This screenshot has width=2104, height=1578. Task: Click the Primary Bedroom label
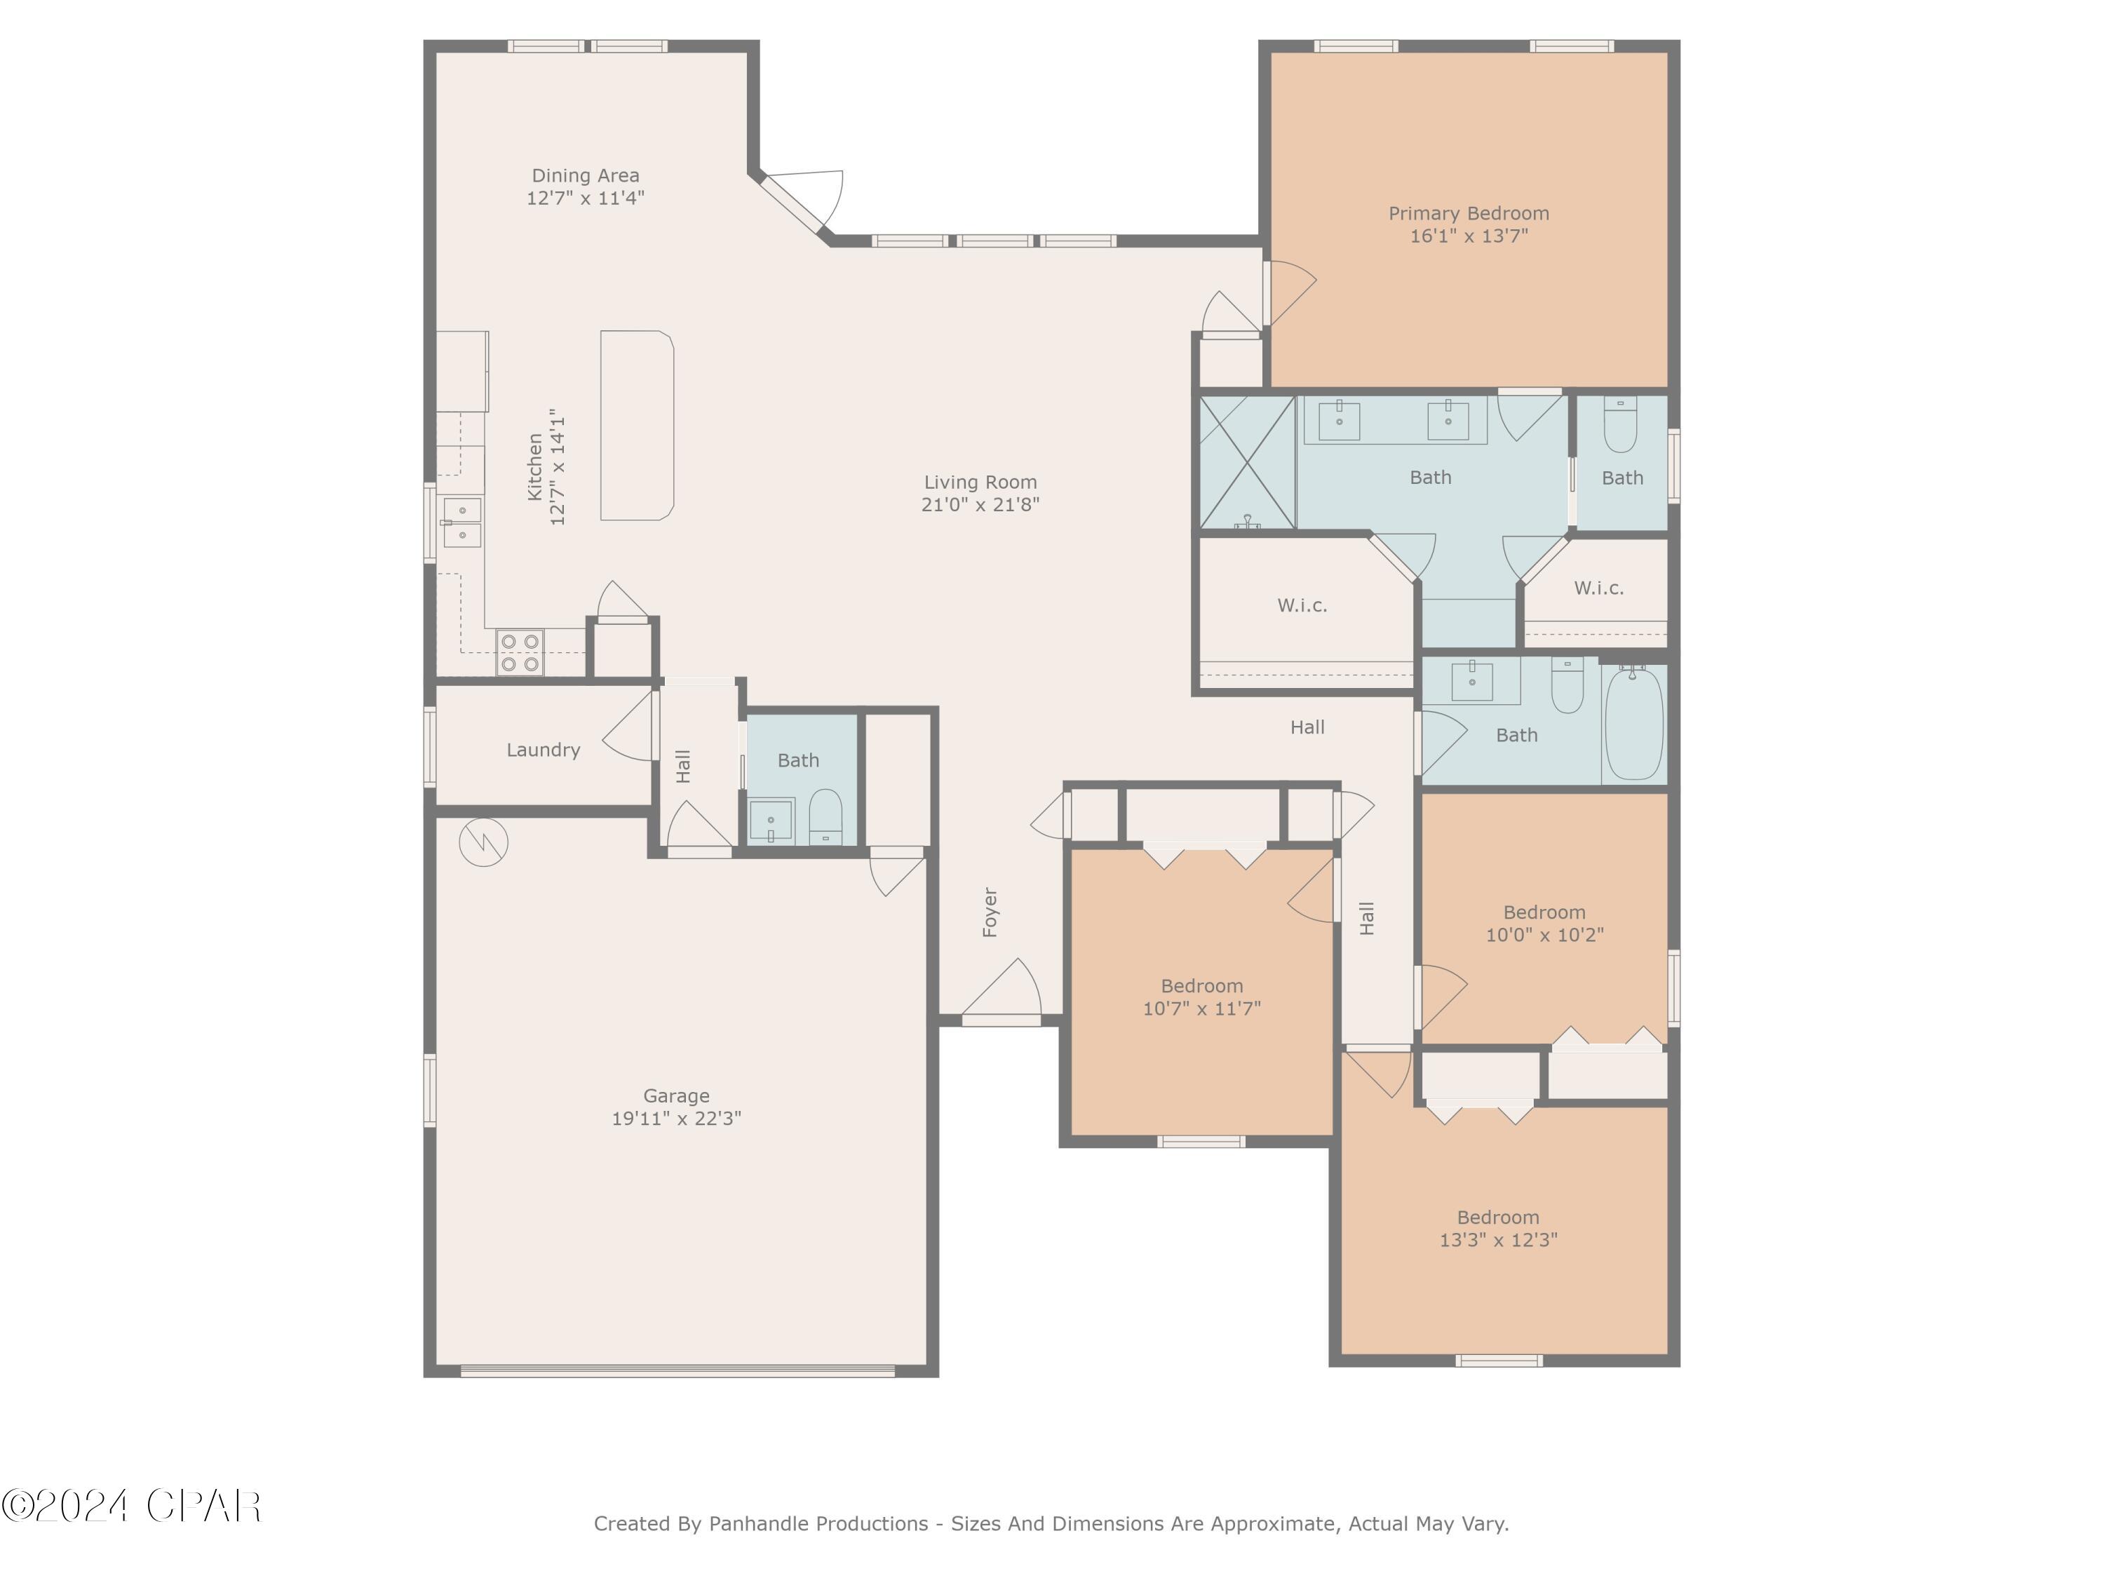click(1468, 213)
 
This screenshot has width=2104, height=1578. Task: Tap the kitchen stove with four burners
click(520, 652)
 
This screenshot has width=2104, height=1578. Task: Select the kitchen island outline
click(636, 425)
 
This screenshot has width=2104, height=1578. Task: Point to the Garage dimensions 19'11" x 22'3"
click(675, 1119)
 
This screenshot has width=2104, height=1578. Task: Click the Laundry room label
click(542, 750)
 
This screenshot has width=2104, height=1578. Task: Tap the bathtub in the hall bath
click(1633, 723)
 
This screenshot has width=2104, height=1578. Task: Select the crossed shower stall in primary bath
click(1246, 462)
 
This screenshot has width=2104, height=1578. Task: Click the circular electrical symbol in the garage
click(483, 842)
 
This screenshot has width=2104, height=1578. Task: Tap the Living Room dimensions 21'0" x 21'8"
click(980, 505)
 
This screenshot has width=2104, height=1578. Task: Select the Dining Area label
click(585, 175)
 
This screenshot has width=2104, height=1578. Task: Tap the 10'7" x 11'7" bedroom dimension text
click(1201, 1009)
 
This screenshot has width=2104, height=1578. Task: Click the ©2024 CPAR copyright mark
click(131, 1506)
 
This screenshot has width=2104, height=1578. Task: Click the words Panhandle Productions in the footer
click(818, 1524)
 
